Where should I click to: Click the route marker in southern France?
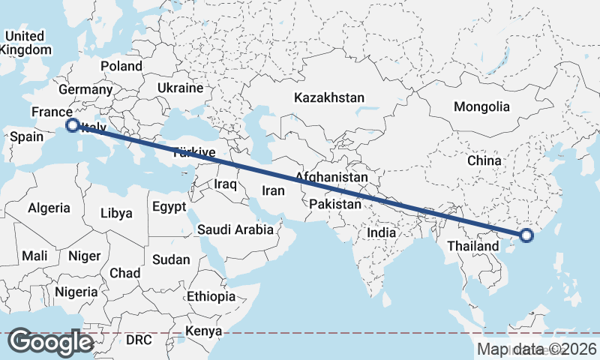coord(73,125)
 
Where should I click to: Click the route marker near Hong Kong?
coord(526,235)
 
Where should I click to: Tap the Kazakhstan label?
coord(329,97)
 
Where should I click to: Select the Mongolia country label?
coord(481,106)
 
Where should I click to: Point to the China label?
coord(483,160)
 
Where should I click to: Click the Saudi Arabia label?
coord(235,229)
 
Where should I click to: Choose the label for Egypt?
coord(168,206)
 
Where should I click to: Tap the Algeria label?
coord(49,208)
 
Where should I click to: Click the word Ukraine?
coord(180,88)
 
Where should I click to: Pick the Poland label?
coord(121,66)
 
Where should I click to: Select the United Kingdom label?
coord(26,43)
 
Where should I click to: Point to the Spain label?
coord(26,137)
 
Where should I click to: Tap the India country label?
coord(381,232)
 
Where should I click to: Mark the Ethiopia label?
coord(211,296)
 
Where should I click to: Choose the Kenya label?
coord(204,331)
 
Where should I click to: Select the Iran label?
coord(273,190)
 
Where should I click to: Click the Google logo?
coord(51,342)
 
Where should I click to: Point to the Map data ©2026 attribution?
coord(537,349)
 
